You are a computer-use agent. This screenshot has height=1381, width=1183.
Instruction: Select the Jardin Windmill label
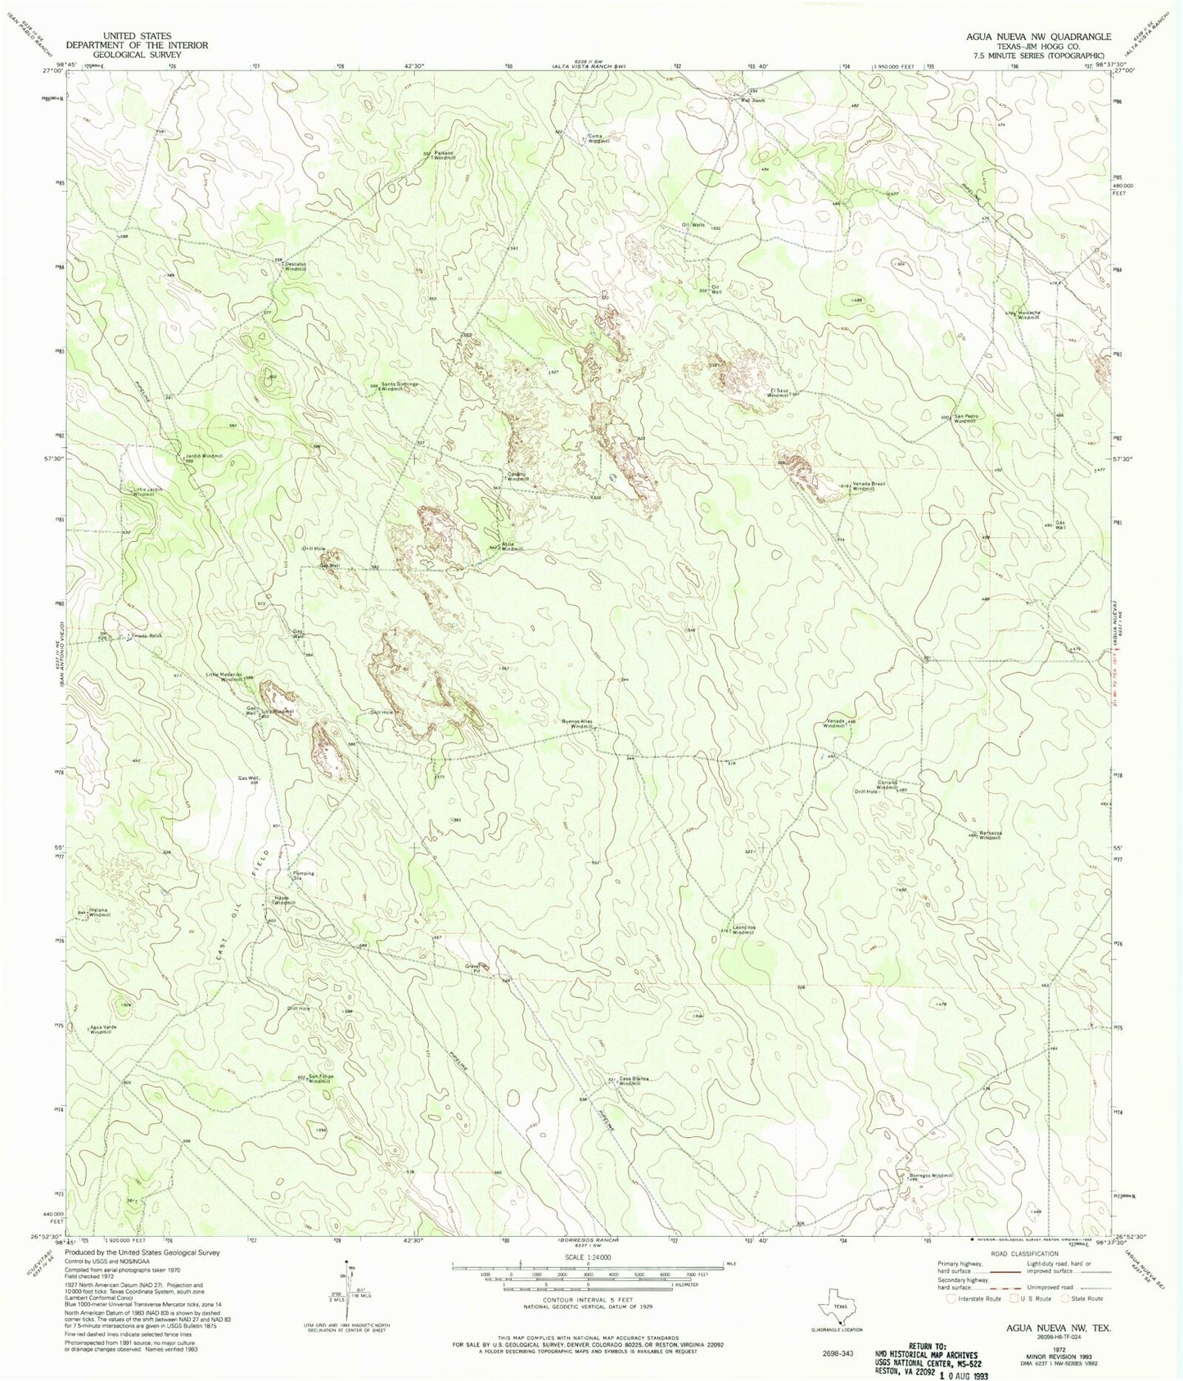[203, 457]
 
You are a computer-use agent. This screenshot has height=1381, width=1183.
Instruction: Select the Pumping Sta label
[304, 876]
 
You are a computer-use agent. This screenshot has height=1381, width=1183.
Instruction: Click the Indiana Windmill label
[99, 912]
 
